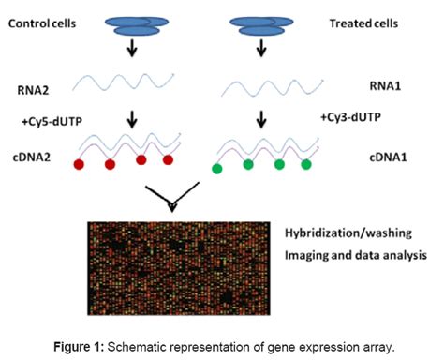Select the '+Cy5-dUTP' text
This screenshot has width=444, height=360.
coord(43,122)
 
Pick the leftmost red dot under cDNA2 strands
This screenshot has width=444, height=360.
coord(81,164)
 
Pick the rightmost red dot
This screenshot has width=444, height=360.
coord(168,160)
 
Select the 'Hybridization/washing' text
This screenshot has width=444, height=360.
coord(348,232)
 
